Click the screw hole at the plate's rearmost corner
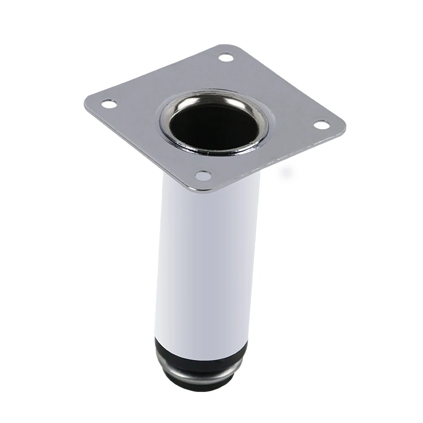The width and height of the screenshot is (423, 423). pos(226,57)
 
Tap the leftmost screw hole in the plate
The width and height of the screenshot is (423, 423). pos(108,104)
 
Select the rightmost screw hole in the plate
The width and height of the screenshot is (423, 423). pos(321,125)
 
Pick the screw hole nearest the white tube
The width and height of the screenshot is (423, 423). pos(204,175)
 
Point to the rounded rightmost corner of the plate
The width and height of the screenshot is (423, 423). pos(342,127)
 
